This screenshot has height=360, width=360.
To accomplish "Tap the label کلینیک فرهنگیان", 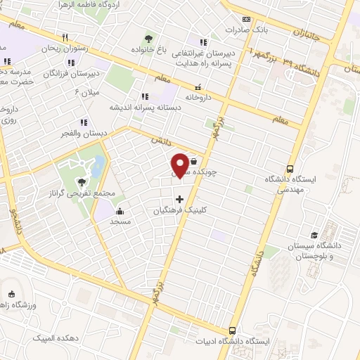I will pyautogui.click(x=182, y=210).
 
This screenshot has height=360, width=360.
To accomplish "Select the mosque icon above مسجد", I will pyautogui.click(x=119, y=211).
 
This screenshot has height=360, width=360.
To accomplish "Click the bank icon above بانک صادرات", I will pyautogui.click(x=246, y=20).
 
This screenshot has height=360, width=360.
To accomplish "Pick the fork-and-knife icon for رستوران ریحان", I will pyautogui.click(x=65, y=37).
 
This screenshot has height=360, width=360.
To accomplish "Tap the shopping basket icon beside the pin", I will pyautogui.click(x=193, y=161).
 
